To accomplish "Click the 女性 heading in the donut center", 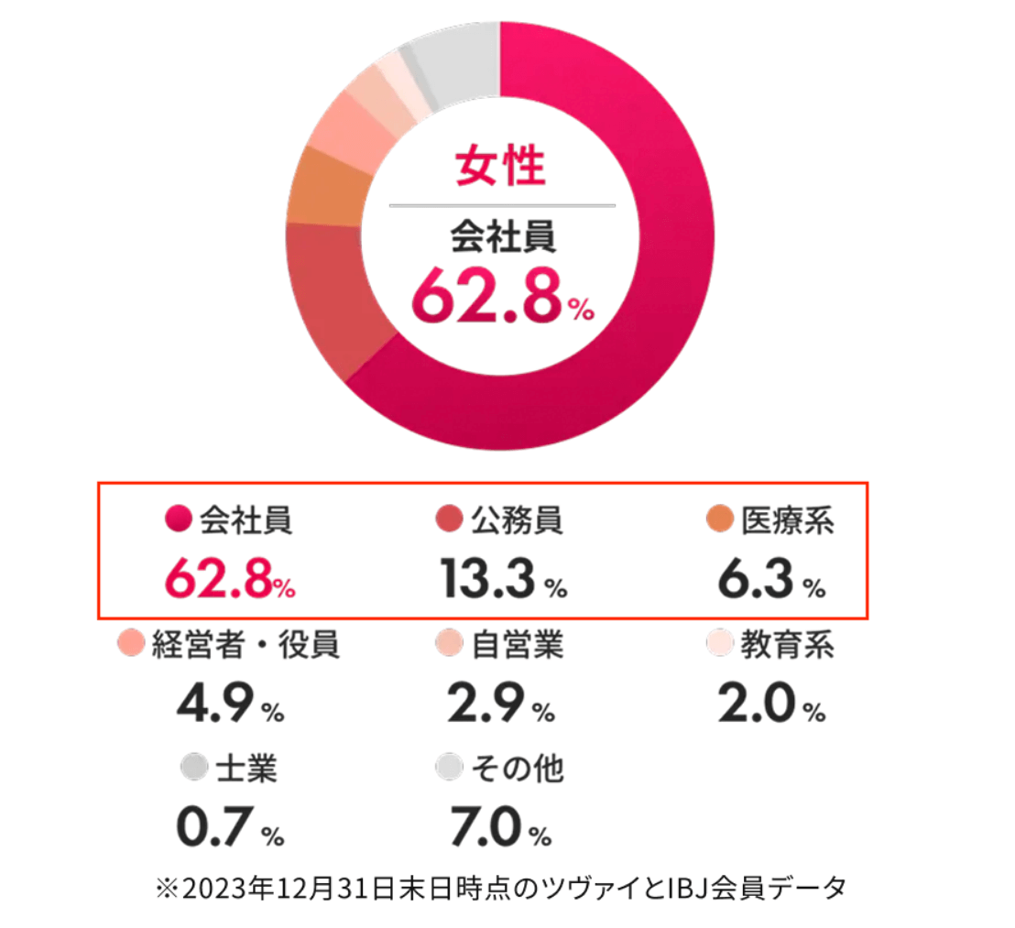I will click(501, 168).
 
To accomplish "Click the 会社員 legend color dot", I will click(178, 520).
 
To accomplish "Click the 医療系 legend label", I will click(788, 520).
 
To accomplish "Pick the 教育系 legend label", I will click(787, 645).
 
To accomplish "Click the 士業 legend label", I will click(246, 768).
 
